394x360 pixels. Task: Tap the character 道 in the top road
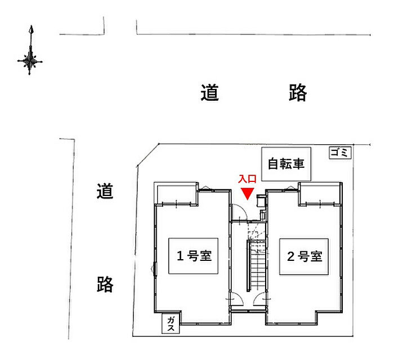tap(209, 92)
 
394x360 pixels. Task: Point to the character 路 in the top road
tap(298, 92)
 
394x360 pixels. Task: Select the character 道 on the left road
tap(105, 192)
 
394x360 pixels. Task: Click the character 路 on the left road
tap(105, 284)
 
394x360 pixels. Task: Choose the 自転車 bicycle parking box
tap(285, 164)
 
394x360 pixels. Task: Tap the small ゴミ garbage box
tap(340, 152)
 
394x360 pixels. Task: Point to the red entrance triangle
tap(247, 193)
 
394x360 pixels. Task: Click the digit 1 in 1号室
tap(181, 257)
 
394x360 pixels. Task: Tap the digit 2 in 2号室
tap(290, 257)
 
